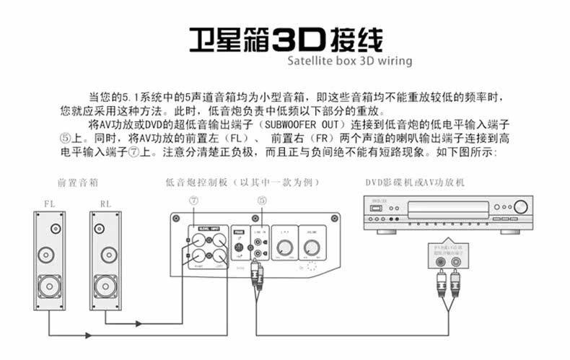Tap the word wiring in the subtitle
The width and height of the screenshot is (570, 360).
[x=394, y=61]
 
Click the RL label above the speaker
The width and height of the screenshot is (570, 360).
[x=105, y=203]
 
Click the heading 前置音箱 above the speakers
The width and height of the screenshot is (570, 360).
[x=78, y=183]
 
